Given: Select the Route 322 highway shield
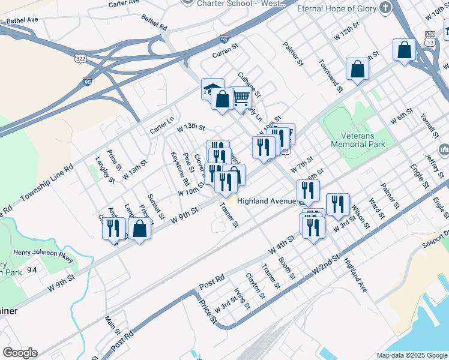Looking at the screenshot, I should coord(80,59).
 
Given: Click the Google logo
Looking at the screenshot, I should coord(19,353).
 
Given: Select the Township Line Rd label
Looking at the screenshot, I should coord(46,182).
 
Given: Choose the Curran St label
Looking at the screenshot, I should coord(226,53).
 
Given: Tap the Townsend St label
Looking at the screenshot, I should coord(331,75).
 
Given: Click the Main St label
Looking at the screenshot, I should coord(112,326).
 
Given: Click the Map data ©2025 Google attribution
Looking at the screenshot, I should coord(411,355).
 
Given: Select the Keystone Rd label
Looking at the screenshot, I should coord(180,167).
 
